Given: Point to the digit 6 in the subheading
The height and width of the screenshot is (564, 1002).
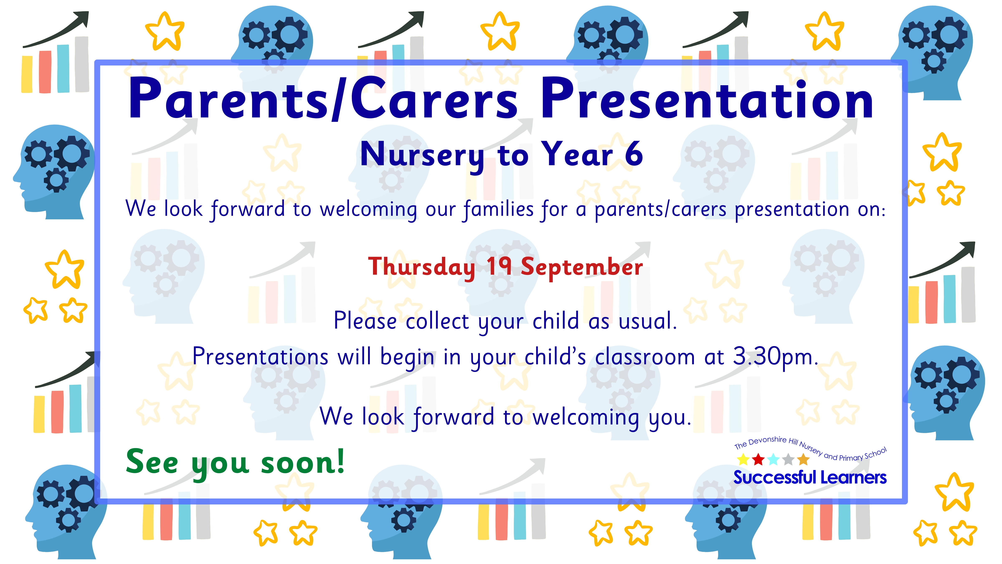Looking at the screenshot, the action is coord(634,154).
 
